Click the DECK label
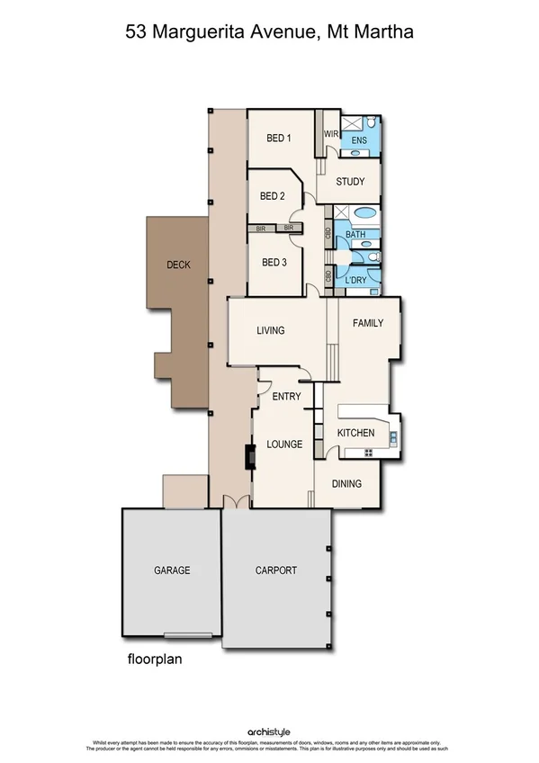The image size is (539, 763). pos(179,265)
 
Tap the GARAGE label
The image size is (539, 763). pos(172,570)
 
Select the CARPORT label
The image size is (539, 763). pos(275,570)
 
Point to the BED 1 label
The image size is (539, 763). pos(279,139)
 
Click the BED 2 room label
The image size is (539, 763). pos(273,196)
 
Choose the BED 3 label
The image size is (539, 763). pos(273,263)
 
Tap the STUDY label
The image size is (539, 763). pos(350,182)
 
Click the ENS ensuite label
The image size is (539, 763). pos(359,141)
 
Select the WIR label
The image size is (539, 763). pos(329,134)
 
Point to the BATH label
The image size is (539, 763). pos(355,236)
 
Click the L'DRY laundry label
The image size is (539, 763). pos(357,281)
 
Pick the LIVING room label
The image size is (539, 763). pos(270,330)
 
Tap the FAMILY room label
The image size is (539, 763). pos(368,323)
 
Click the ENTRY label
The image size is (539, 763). pos(286,397)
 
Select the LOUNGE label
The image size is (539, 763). pos(284,444)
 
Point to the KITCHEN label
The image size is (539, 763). pos(355,434)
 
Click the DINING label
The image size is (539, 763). pos(346,484)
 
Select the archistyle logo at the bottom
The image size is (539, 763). pos(268,732)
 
